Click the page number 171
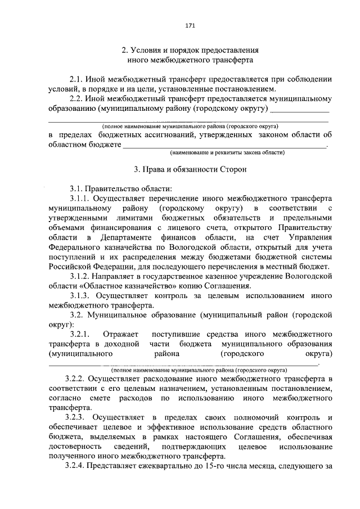(x=190, y=25)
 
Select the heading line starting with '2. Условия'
(x=190, y=49)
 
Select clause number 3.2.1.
(x=81, y=334)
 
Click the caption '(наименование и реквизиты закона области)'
(x=228, y=152)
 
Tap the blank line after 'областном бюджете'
(x=224, y=145)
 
